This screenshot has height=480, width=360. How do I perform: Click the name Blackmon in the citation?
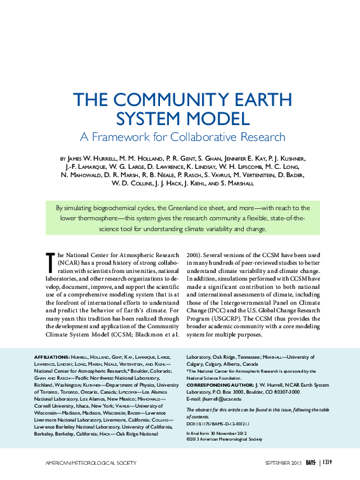(x=133, y=335)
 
